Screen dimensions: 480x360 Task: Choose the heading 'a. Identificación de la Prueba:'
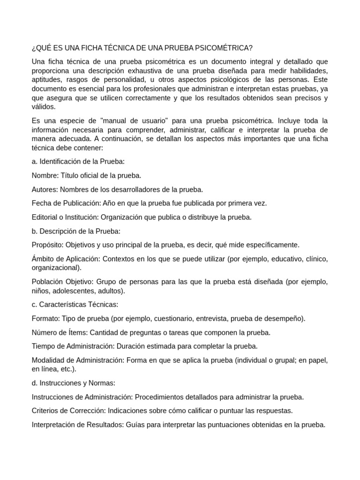78,162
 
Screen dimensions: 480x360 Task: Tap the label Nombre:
45,175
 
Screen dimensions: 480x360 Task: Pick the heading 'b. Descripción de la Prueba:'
76,231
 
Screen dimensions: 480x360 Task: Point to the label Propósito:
47,245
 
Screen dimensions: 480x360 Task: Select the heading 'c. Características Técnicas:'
75,305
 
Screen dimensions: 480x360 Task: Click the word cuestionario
172,319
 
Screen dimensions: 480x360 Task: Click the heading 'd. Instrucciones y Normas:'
73,383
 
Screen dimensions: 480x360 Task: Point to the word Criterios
46,411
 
